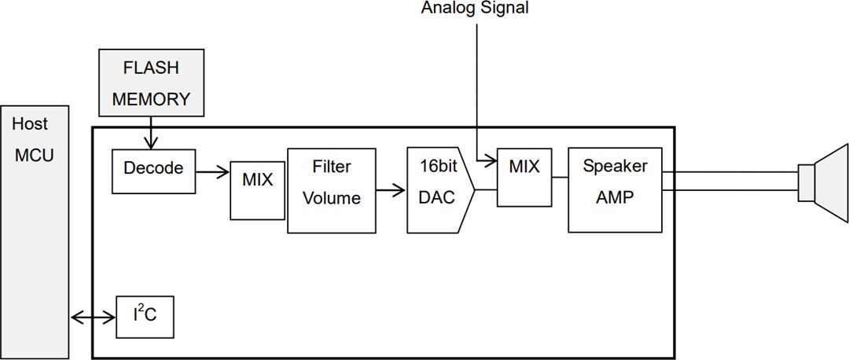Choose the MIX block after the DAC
(524, 176)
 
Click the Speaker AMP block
(615, 189)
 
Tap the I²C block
(144, 318)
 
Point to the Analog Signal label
(475, 9)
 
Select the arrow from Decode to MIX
(211, 168)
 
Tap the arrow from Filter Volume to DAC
(391, 189)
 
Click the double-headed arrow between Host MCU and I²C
(94, 318)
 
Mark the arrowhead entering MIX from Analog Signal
(491, 162)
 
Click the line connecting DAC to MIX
(486, 189)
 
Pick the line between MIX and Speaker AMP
(559, 177)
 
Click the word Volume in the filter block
(331, 199)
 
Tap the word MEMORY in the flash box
(151, 100)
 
